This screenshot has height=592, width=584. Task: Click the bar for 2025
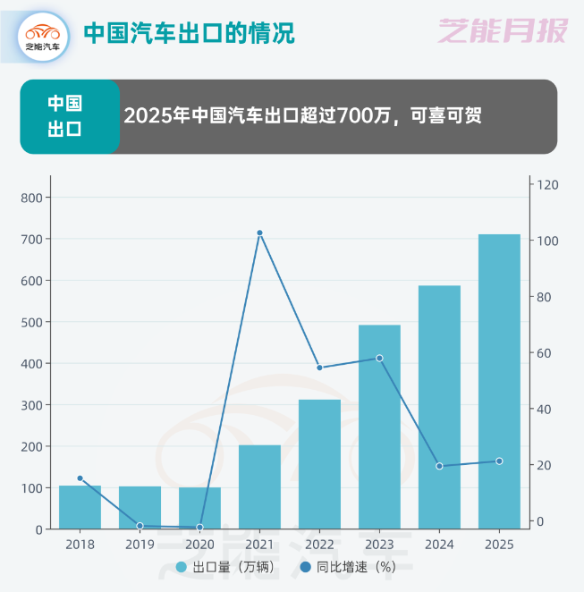[499, 381]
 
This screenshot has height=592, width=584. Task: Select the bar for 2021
[259, 486]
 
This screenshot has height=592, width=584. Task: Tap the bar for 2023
[379, 427]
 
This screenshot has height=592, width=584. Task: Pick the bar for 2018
[80, 507]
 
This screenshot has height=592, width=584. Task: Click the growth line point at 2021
[259, 233]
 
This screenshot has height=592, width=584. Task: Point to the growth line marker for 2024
[439, 466]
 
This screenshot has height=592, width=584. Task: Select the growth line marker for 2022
[319, 368]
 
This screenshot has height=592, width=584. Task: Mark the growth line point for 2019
[140, 526]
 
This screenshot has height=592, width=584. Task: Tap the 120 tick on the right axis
[547, 185]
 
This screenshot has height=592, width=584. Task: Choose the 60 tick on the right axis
[544, 353]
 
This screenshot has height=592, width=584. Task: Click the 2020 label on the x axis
[199, 544]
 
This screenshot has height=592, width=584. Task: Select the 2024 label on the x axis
[439, 544]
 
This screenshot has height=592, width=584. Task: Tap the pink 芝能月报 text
[503, 32]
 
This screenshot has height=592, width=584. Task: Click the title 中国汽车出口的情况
[189, 33]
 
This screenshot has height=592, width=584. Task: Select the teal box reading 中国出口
[66, 116]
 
